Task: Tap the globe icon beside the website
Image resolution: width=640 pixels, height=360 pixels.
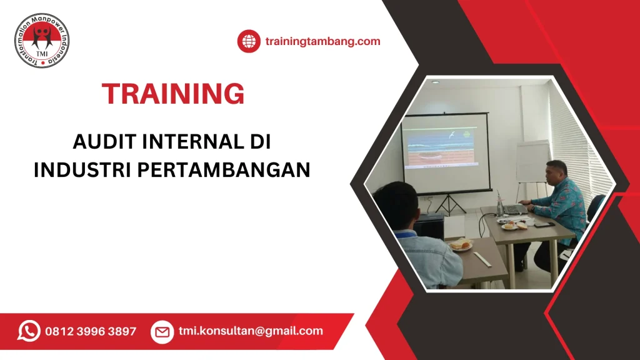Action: pos(249,42)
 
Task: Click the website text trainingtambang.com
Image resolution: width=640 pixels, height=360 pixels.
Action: pos(322,42)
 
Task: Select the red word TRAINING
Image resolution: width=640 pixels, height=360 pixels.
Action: pos(173,94)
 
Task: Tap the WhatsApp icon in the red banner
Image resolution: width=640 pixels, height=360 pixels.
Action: pos(29,331)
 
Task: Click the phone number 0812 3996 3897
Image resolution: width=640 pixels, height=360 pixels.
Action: pos(91,331)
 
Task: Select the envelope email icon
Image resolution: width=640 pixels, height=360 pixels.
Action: pos(162,332)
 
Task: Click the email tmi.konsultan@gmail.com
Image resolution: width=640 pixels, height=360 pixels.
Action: pos(251,331)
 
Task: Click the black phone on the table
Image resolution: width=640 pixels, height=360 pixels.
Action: pos(542,224)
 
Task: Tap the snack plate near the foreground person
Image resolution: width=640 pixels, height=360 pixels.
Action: pos(461,245)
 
